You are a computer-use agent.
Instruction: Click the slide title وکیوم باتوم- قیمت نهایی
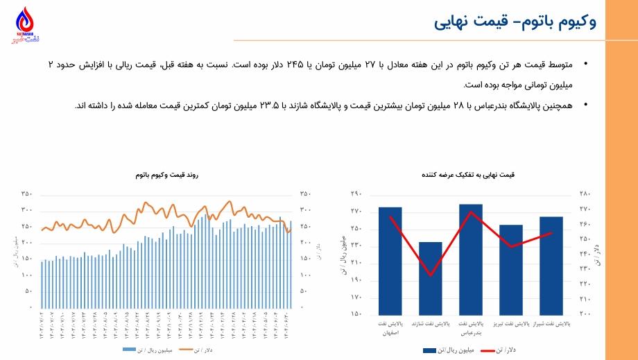pos(515,22)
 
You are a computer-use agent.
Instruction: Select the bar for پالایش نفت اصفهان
pos(390,260)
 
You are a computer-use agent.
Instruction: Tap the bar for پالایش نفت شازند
pos(430,277)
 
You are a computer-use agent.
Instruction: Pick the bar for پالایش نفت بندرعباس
pos(471,259)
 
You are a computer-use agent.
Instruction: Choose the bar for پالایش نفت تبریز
pos(511,269)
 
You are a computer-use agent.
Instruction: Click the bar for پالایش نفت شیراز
pos(551,265)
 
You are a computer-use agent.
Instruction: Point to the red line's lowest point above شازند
pos(431,275)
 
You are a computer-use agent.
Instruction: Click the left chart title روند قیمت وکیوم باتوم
pos(166,175)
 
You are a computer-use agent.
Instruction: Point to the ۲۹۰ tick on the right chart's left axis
pos(356,194)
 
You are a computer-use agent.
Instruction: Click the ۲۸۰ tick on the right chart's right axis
pos(584,194)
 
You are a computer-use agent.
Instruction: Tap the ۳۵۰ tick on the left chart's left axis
pos(26,194)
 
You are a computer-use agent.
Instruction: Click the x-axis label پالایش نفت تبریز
pos(511,324)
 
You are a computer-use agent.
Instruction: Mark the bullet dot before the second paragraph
pos(586,105)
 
